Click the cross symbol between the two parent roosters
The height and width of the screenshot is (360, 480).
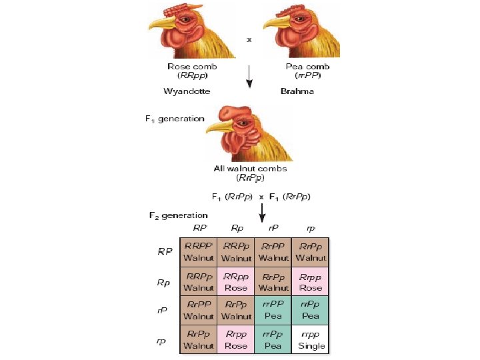[249, 39]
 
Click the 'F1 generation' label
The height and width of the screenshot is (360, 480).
[175, 119]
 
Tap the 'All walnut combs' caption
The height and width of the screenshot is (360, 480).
[249, 169]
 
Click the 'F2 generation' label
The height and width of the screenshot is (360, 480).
[178, 215]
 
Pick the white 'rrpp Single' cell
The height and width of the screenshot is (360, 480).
[311, 339]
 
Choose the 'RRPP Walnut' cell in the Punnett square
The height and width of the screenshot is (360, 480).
[199, 252]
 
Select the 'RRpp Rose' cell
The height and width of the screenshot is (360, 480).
[235, 281]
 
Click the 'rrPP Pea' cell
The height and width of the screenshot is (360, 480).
[273, 311]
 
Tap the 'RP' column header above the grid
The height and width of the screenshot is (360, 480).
[199, 228]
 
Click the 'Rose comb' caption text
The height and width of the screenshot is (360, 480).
[193, 67]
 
